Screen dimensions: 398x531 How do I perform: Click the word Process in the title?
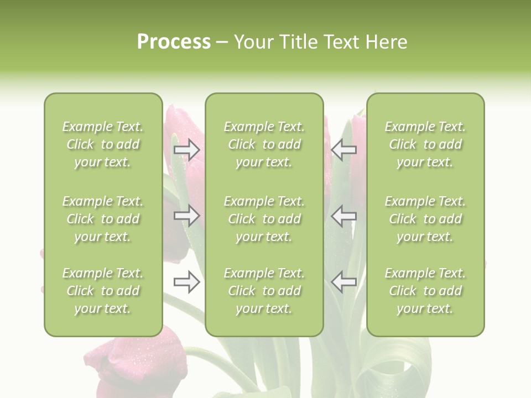coord(174,42)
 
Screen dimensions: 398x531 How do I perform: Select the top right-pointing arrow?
coord(186,150)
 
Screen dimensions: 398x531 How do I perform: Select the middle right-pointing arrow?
coord(186,216)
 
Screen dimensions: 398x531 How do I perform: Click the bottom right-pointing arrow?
coord(186,282)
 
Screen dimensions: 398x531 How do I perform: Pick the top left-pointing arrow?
coord(343,150)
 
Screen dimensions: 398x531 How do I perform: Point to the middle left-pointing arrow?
coord(343,216)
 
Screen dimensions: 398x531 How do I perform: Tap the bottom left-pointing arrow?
coord(343,282)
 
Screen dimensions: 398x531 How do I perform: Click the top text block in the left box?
coord(103,144)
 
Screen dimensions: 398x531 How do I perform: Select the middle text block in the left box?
coord(103,219)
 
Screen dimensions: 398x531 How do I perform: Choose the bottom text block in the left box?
coord(103,291)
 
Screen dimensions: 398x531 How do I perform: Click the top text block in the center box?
coord(264,144)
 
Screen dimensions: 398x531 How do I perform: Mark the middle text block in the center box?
coord(264,219)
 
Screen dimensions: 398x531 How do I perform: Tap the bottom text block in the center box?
coord(264,291)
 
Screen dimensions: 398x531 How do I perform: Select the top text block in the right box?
coord(425,144)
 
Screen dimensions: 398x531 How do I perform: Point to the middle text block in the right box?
coord(425,219)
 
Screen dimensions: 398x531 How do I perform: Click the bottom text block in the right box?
coord(425,291)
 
